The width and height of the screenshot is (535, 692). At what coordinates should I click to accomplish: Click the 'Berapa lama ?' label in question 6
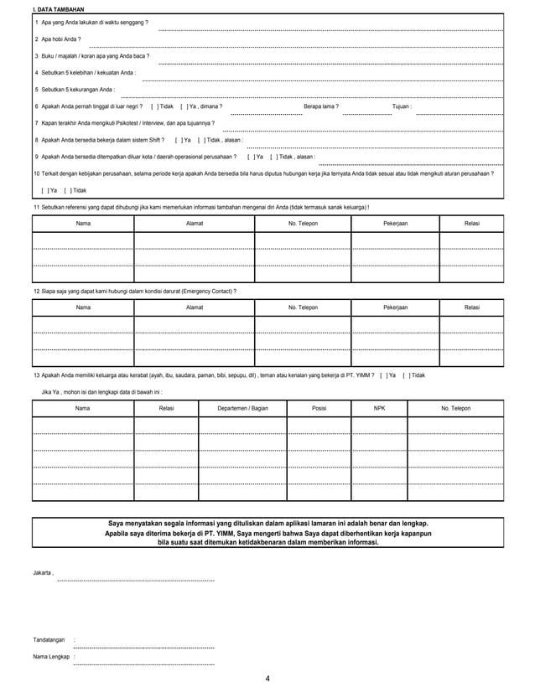point(321,106)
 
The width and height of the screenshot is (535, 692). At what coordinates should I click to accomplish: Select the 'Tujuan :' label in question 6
point(402,106)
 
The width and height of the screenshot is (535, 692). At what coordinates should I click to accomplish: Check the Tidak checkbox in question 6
point(153,106)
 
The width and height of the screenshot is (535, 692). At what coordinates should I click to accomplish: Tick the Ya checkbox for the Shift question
point(178,140)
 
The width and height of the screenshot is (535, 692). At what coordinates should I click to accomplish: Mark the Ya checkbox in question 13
point(383,374)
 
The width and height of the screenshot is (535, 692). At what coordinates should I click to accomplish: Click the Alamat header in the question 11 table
point(194,224)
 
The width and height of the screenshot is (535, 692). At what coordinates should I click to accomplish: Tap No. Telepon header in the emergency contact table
point(303,307)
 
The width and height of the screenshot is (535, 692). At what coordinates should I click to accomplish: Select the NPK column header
point(379,408)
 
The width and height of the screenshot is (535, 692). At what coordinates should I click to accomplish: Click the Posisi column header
point(319,408)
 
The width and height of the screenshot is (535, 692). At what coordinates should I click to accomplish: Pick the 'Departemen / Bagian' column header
point(242,408)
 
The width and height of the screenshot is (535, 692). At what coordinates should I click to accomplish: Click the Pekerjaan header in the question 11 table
point(395,224)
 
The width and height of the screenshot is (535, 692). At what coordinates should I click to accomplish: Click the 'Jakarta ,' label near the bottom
point(44,572)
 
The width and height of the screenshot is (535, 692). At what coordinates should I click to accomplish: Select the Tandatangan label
point(49,640)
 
